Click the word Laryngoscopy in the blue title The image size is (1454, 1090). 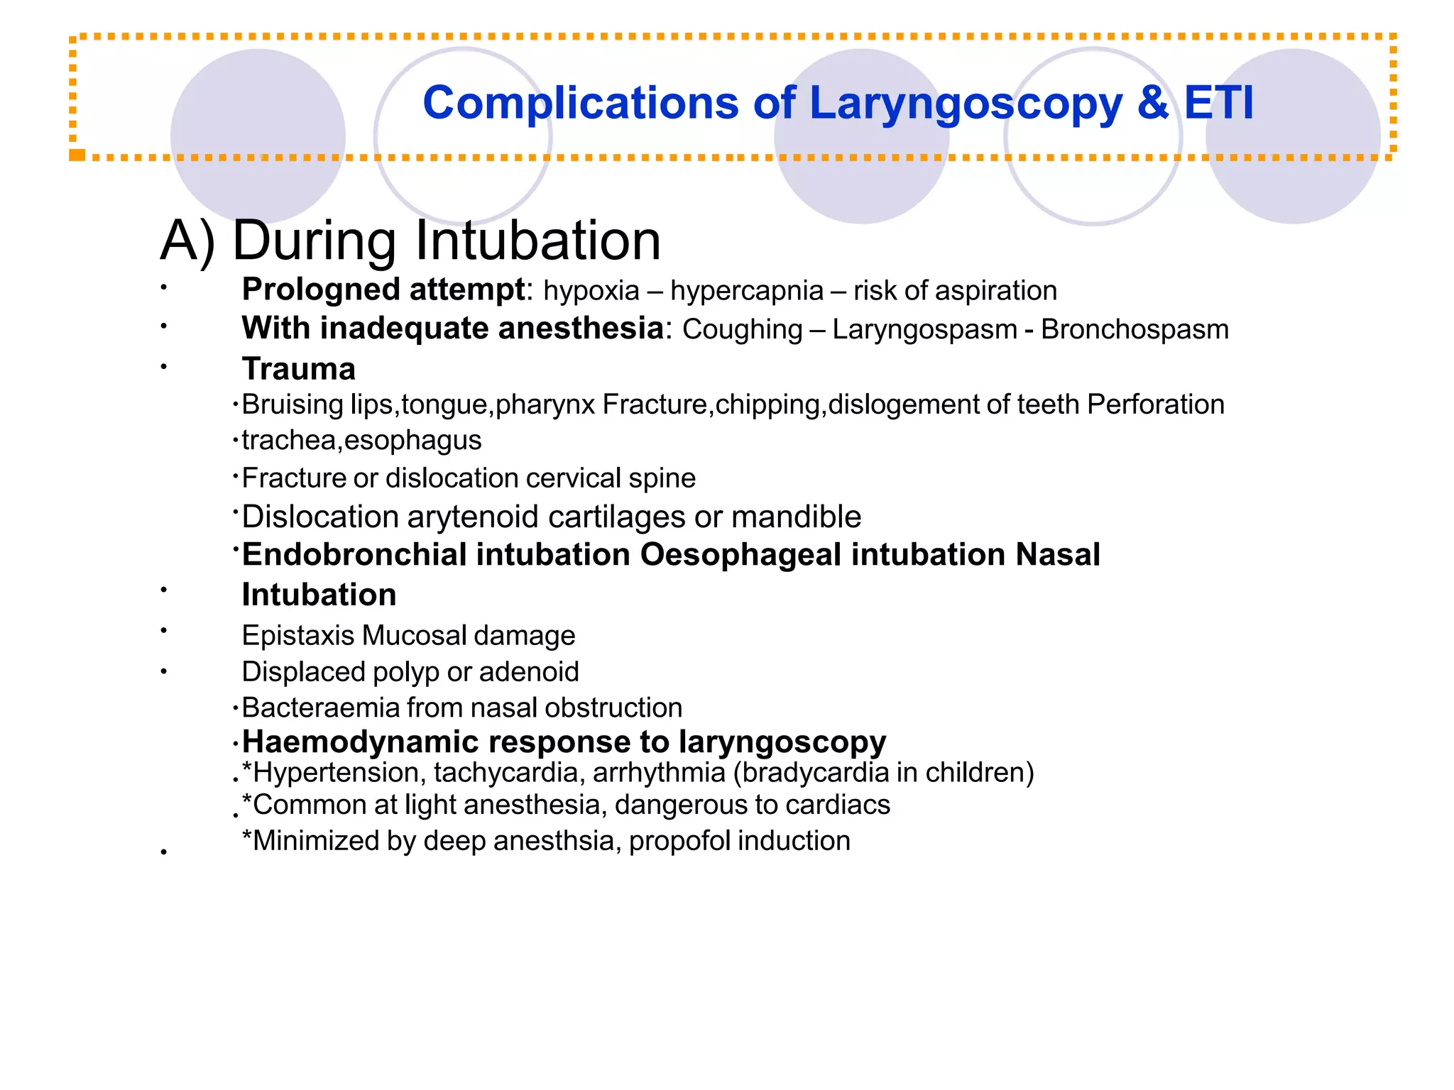966,104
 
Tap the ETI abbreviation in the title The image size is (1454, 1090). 1218,103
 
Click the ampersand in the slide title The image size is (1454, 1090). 1152,103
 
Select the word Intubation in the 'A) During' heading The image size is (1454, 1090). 538,241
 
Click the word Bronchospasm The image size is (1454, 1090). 1135,330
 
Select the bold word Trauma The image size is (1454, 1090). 298,369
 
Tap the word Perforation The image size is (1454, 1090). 1155,404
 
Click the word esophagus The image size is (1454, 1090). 412,441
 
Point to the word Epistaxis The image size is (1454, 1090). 297,636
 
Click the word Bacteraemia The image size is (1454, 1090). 321,708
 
